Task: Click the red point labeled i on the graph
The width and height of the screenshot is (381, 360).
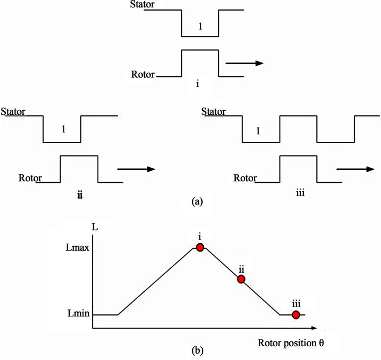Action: (200, 247)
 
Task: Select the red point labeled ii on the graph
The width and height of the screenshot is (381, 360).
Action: (241, 279)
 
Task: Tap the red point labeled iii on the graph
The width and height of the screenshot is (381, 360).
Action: (296, 314)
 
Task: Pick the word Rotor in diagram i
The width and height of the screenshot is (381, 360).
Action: (142, 76)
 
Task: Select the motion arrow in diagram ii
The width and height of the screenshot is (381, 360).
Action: (136, 169)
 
